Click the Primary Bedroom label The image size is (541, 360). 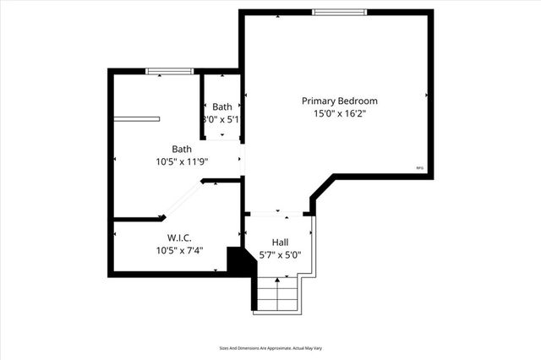(339, 101)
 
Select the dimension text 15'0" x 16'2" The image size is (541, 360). (339, 113)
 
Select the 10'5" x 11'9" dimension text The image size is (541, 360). (182, 161)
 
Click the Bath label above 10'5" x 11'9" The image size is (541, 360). (182, 149)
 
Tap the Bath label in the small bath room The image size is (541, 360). (222, 106)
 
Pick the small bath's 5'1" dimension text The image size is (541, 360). (222, 120)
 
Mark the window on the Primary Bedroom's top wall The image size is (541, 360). (340, 12)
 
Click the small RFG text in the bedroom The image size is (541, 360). (420, 168)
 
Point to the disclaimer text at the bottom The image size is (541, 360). (270, 346)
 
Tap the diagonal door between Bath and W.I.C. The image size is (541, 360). (183, 201)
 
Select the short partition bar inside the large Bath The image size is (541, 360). (137, 118)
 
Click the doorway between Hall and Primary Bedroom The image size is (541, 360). (277, 213)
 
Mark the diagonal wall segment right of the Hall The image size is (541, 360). (322, 188)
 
